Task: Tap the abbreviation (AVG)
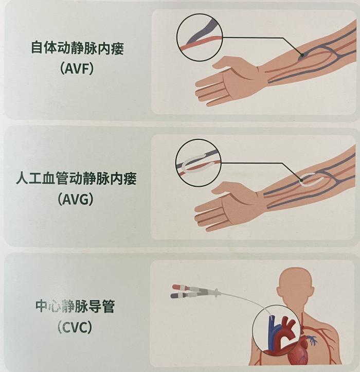[76, 199]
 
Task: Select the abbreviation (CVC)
[74, 327]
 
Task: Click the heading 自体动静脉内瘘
[77, 48]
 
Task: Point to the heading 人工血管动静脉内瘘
[76, 178]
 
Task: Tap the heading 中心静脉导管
[75, 306]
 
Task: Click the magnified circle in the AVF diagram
[200, 14]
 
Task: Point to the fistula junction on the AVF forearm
[302, 56]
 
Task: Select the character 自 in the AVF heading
[38, 48]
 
